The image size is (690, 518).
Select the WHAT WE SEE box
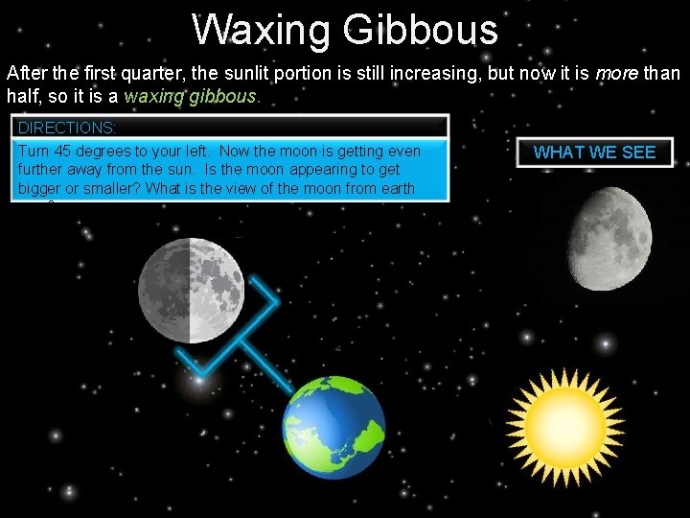594,153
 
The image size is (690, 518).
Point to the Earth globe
334,427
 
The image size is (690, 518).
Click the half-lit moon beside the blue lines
190,291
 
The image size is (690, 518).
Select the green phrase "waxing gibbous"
203,97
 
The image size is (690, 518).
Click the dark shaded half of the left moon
164,291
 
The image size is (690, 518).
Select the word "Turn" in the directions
35,152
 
